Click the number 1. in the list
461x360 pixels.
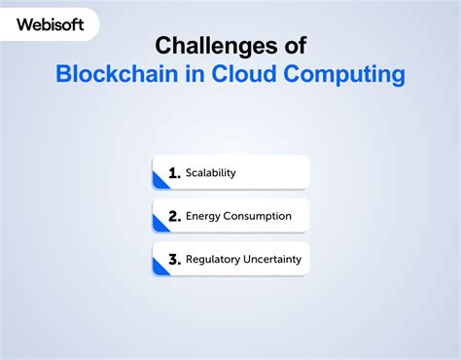tap(174, 173)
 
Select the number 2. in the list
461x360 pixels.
tap(174, 216)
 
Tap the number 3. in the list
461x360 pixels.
tap(174, 260)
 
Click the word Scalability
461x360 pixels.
tap(211, 173)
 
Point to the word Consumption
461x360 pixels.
tap(258, 216)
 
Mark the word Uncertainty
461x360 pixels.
tap(272, 260)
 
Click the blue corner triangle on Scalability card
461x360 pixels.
tap(159, 182)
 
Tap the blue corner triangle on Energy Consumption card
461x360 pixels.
tap(159, 225)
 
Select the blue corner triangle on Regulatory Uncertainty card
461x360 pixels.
tap(159, 269)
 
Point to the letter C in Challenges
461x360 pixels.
tap(164, 45)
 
